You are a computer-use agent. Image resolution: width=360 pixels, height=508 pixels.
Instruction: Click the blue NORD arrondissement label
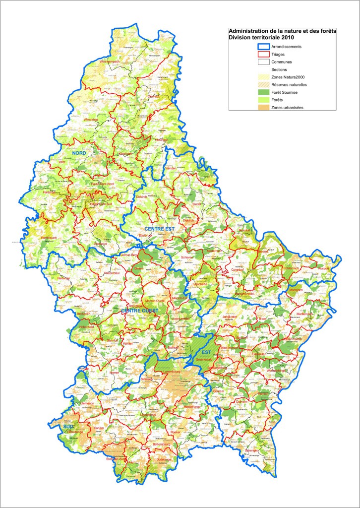click(79, 153)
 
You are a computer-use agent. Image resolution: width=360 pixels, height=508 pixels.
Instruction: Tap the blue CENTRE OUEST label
click(140, 311)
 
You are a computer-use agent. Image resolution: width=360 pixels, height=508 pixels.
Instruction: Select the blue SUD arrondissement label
click(67, 426)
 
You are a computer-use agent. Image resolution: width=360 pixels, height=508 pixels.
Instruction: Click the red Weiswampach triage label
click(111, 61)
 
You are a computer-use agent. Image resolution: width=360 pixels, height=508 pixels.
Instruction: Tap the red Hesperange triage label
click(180, 407)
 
